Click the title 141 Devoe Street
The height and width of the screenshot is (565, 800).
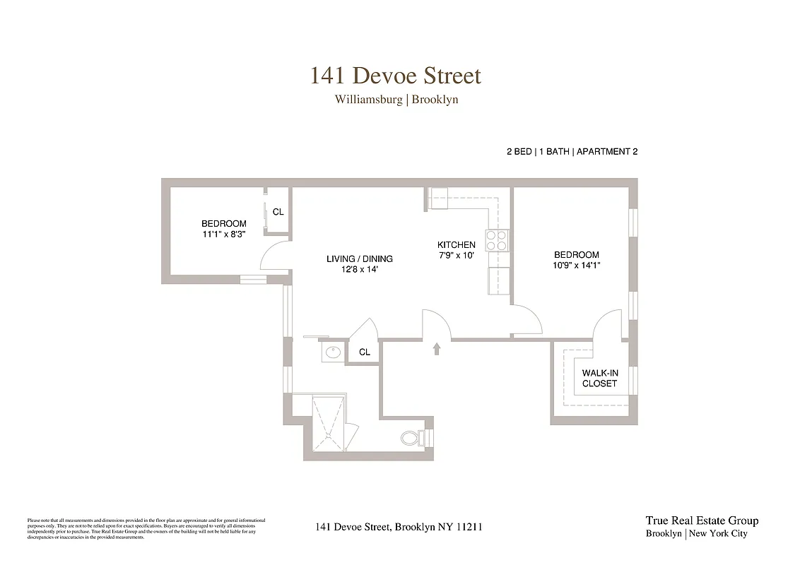[396, 76]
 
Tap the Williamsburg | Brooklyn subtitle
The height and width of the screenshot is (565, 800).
[396, 100]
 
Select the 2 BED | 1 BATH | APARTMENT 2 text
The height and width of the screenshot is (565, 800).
[572, 152]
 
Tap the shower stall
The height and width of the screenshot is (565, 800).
[329, 422]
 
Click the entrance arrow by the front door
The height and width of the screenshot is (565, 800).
[436, 347]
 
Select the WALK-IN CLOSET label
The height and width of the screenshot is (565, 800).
[599, 379]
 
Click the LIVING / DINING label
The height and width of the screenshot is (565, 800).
[359, 264]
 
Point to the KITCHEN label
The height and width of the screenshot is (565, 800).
[456, 245]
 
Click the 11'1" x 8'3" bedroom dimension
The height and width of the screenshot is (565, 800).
[223, 234]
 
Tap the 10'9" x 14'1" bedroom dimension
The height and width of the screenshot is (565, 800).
[576, 266]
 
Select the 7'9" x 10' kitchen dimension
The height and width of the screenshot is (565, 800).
[456, 256]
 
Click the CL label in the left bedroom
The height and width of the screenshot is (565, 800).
[278, 212]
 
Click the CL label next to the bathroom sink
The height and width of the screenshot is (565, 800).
[365, 352]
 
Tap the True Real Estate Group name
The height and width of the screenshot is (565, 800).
[701, 521]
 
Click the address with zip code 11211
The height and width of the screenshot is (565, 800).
[399, 527]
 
